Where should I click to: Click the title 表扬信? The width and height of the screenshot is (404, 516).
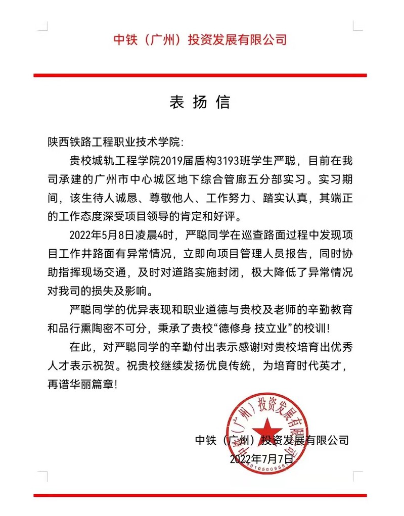coord(200,102)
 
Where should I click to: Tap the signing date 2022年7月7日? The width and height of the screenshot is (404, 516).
coord(261,459)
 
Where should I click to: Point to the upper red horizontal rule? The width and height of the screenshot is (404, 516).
coord(200,75)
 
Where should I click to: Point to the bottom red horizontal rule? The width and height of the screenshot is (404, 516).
coord(200,495)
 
